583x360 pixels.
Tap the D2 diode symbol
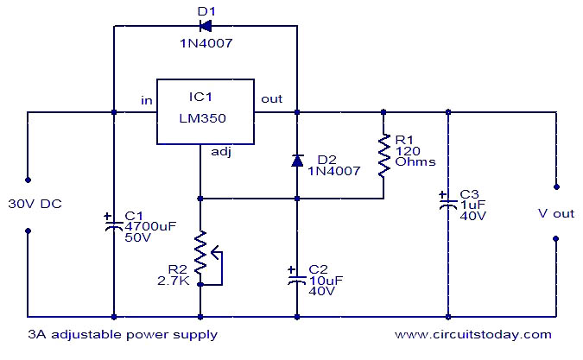click(x=296, y=160)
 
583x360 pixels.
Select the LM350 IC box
click(x=205, y=112)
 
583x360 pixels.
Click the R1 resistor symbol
click(x=383, y=155)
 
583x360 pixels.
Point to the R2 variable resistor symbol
click(x=202, y=256)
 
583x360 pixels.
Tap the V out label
click(x=555, y=213)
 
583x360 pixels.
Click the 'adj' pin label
click(x=221, y=152)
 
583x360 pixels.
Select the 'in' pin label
click(x=148, y=100)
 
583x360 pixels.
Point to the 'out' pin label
click(x=272, y=99)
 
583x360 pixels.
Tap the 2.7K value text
click(x=173, y=281)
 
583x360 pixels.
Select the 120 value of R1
click(x=406, y=148)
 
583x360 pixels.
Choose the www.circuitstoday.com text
click(x=473, y=333)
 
